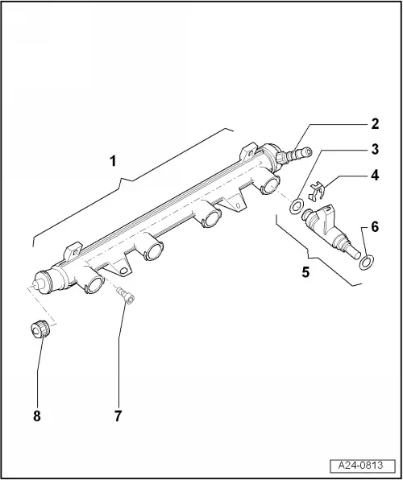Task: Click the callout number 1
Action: [113, 161]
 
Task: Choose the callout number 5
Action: [305, 272]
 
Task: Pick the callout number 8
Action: [37, 416]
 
